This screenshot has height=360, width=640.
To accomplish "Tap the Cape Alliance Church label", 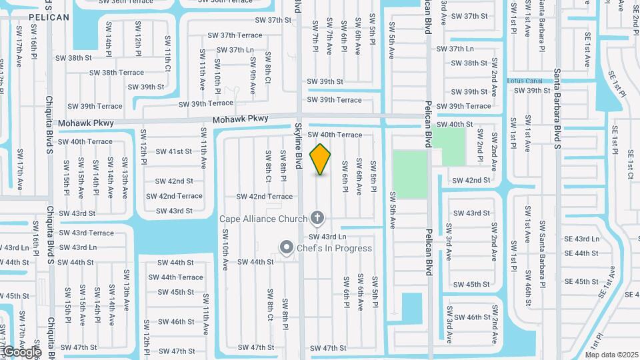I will [263, 219].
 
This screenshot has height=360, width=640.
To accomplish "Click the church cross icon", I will [317, 218].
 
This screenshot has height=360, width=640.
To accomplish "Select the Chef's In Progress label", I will [335, 249].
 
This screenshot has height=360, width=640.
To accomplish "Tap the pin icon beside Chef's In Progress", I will [287, 248].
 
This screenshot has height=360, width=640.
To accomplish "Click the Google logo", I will [21, 351].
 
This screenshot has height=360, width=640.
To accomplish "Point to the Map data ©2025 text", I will [611, 355].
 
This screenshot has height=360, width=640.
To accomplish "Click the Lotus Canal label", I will [526, 81].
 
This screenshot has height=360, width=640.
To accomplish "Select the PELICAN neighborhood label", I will [49, 17].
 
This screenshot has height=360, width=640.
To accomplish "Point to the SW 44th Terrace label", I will [175, 277].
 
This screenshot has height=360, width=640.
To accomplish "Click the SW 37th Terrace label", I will [235, 35].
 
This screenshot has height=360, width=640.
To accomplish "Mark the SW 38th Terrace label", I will [117, 72].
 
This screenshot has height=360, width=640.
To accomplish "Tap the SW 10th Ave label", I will [225, 256].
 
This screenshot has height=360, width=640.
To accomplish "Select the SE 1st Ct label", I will [631, 165].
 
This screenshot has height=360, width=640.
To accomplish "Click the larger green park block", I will [409, 173].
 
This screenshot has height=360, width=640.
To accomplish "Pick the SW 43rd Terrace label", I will [86, 233].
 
